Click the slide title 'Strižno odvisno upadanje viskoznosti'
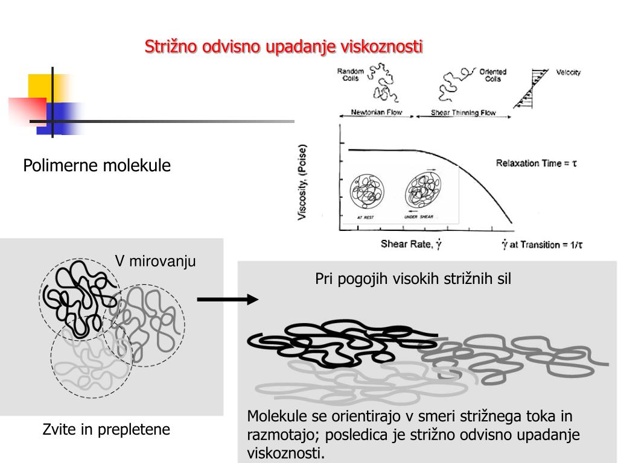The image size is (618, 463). pos(284,47)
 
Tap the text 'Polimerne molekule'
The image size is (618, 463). pos(97,166)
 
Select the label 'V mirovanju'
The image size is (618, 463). pos(155,262)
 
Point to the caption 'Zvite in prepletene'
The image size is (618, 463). pos(106,430)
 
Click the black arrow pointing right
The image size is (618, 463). pos(228,299)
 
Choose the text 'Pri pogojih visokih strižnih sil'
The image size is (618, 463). pos(413,279)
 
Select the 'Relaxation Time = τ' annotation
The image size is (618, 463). pos(537,163)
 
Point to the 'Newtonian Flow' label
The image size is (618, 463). pos(377,113)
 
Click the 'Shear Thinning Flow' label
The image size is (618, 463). pos(463,113)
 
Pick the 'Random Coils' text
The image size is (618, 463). pos(350,75)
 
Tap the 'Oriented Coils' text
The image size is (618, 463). pos(492,75)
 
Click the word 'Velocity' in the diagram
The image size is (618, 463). pos(568,72)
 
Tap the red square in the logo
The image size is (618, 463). pos(27,111)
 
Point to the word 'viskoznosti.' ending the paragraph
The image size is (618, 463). pos(285,453)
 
